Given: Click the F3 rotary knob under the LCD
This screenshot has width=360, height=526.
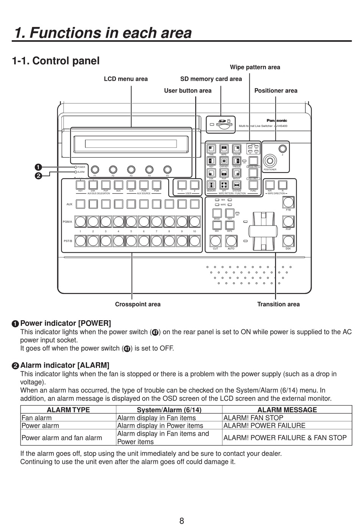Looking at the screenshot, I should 131,169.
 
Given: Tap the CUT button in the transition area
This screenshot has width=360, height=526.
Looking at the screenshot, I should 216,241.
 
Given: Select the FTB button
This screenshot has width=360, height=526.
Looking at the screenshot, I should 288,202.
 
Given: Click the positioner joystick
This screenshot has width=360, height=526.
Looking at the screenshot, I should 271,160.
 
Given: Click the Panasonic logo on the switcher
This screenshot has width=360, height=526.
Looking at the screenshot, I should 277,121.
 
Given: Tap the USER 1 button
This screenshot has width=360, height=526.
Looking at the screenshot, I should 182,185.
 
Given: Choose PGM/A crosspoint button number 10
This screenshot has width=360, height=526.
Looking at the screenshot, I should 194,221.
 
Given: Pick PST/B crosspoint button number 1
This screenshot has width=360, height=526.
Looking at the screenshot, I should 80,241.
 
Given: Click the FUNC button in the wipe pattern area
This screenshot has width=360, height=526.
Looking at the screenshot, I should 253,185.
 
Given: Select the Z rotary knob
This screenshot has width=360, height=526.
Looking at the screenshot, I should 282,148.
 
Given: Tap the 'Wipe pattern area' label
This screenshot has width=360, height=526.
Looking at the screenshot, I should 255,67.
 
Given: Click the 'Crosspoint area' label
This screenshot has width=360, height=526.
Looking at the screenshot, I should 138,304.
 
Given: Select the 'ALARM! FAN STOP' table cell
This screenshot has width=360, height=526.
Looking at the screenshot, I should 253,418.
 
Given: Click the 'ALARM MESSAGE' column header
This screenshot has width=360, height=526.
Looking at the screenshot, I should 287,410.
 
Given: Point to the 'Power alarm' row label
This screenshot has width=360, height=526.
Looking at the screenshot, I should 40,426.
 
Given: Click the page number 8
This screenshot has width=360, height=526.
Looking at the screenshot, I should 182,521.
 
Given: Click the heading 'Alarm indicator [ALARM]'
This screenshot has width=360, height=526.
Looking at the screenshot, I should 65,365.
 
